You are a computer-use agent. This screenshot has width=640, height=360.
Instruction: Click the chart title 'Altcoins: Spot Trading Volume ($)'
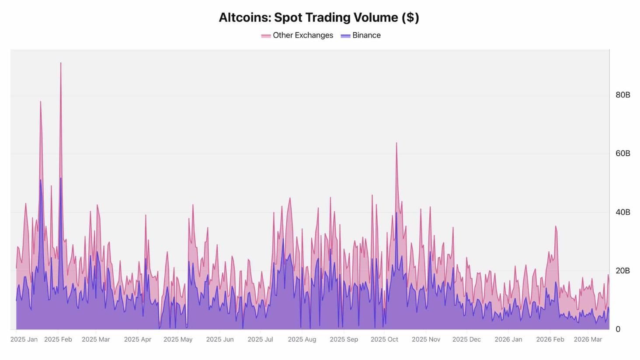(319, 17)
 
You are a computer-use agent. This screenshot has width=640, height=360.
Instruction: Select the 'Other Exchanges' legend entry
(297, 35)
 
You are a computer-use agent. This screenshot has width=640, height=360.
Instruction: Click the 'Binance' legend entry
(361, 35)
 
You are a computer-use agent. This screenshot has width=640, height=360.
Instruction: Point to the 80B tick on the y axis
(623, 95)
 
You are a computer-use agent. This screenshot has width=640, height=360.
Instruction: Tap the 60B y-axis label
(623, 154)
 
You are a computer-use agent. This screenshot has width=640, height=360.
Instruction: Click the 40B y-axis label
(623, 212)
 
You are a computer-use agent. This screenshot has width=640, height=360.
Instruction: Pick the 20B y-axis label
(623, 271)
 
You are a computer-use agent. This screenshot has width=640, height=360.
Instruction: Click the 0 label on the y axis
(618, 329)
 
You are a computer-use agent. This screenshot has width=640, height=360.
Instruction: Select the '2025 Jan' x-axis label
(24, 339)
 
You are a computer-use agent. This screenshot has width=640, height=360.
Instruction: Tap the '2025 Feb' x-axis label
(58, 339)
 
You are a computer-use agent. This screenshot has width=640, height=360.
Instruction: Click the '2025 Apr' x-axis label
(137, 339)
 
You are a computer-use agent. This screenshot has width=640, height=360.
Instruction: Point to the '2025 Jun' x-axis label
(219, 339)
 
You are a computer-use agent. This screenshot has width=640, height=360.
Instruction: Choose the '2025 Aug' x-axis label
(302, 339)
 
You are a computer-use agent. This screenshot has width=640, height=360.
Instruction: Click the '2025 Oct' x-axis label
(384, 339)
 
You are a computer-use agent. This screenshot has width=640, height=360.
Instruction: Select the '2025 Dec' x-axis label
(466, 339)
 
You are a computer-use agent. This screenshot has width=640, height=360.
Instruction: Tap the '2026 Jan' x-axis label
(508, 339)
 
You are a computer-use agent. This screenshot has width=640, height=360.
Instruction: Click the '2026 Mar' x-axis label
(588, 339)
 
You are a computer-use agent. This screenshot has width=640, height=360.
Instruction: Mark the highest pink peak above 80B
(61, 63)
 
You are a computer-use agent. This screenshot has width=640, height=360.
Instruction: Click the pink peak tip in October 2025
(397, 143)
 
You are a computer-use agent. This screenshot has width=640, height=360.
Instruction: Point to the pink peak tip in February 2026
(556, 227)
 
